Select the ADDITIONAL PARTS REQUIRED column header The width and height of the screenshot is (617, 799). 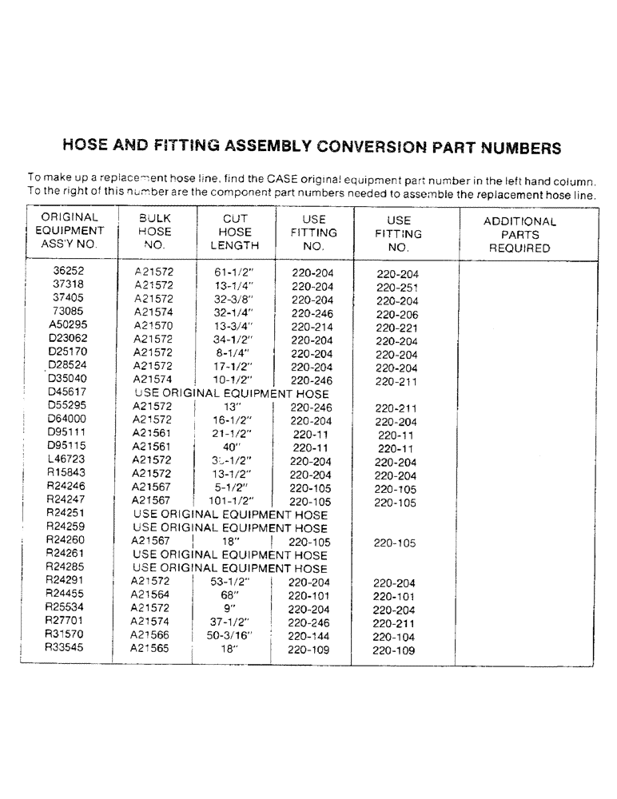pos(519,235)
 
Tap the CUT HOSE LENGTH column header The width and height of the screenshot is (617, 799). pos(235,232)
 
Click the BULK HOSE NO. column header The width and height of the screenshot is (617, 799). pos(155,232)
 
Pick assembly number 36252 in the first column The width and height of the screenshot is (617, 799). pos(69,272)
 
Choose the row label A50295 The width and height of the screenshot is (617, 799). pos(69,325)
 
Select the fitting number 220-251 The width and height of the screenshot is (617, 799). pos(397,288)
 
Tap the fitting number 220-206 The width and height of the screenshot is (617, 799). pos(397,315)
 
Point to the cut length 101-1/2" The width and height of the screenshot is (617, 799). pos(232,501)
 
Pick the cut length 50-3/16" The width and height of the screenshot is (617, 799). pos(232,635)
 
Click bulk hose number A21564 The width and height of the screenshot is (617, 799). pos(151,595)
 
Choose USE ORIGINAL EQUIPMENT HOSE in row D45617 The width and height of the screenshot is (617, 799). pos(232,393)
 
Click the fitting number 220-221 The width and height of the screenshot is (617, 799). pos(397,328)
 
